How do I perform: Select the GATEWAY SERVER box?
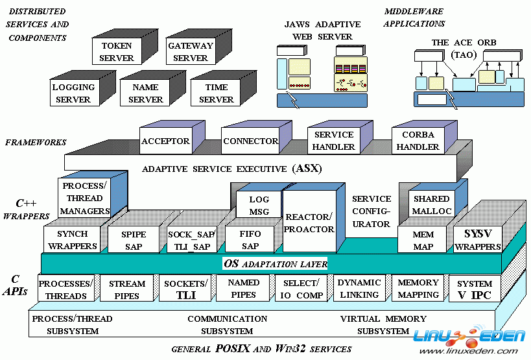190,53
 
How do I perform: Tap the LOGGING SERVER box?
73,93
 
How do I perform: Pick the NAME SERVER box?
145,93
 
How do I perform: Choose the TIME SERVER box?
216,93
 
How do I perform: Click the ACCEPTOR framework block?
165,141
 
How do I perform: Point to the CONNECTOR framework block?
250,141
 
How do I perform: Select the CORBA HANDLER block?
418,141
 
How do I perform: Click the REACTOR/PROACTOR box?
309,223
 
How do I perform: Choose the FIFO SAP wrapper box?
250,240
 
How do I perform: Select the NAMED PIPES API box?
243,289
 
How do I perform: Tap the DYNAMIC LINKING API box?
359,289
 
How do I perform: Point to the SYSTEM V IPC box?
474,289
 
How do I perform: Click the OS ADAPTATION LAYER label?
275,264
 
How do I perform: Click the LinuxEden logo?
469,338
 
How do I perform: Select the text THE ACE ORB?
464,43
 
